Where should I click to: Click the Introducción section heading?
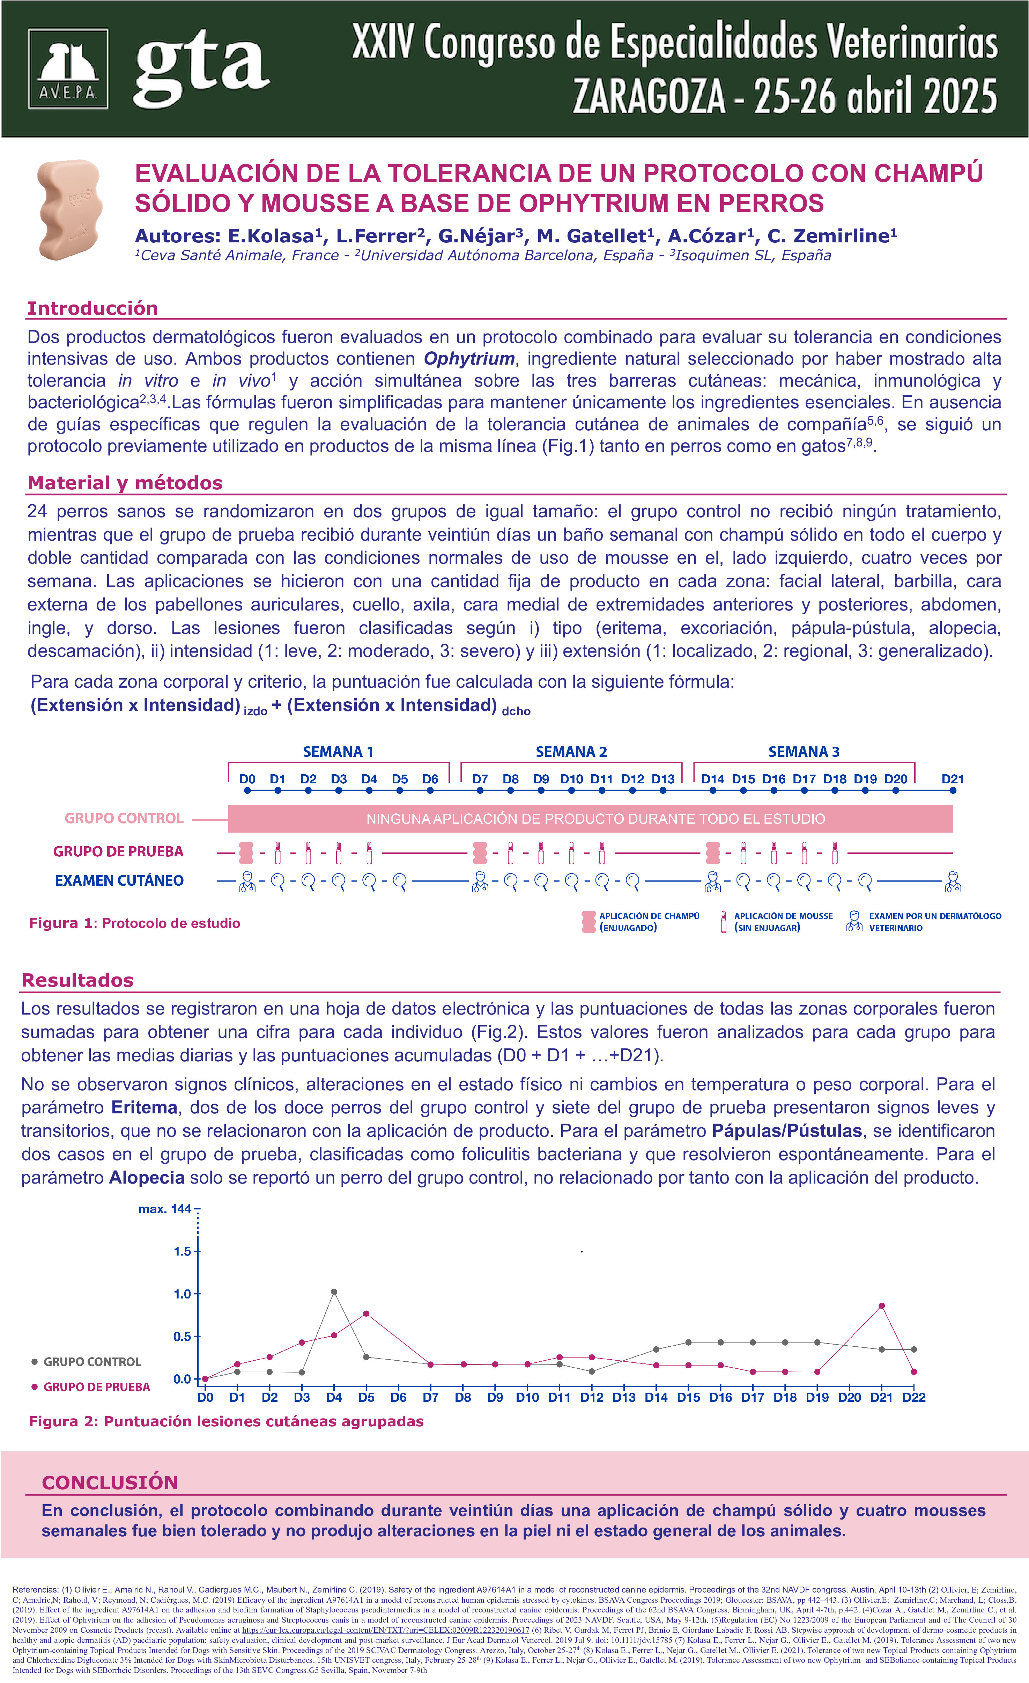click(92, 308)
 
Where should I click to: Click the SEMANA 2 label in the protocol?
click(571, 751)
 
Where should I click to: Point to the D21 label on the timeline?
click(952, 779)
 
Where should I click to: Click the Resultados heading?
click(77, 980)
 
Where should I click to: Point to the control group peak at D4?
click(334, 1291)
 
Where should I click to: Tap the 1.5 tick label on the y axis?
click(182, 1251)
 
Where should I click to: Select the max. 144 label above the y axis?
click(164, 1209)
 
